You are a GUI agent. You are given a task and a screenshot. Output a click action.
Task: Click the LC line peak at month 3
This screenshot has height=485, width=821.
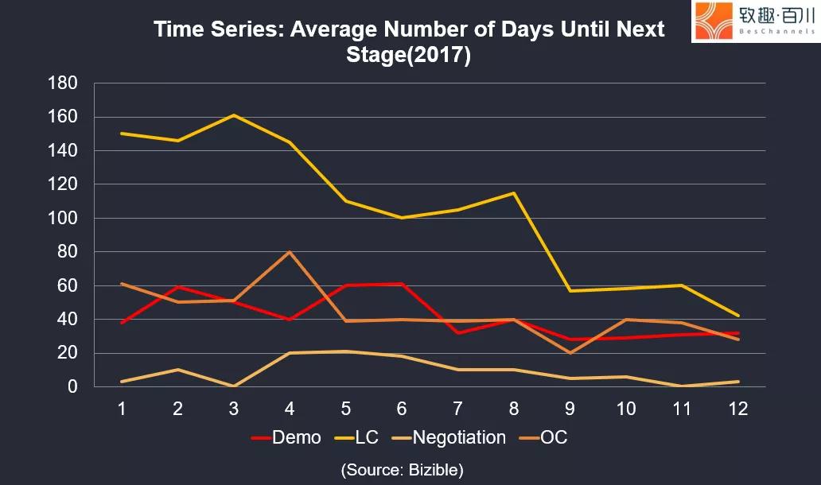(234, 115)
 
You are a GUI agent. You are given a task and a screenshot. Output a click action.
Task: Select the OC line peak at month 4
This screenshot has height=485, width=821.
(290, 252)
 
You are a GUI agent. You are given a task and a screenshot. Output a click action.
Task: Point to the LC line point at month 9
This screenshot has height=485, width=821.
(570, 291)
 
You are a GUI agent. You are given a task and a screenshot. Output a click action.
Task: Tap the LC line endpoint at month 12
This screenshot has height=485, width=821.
(739, 316)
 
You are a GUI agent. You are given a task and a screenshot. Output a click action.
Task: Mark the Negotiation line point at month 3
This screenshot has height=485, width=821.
(234, 386)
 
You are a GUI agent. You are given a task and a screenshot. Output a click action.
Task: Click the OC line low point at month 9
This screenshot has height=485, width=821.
(570, 353)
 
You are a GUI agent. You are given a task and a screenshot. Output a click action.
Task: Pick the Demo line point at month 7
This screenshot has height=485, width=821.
(458, 332)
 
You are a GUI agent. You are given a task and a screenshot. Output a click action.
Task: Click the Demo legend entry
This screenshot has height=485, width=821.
(286, 437)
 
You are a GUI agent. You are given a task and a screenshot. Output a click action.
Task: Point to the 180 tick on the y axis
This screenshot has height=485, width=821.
(63, 83)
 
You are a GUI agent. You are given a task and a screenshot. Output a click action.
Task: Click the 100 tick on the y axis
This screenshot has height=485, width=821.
(63, 218)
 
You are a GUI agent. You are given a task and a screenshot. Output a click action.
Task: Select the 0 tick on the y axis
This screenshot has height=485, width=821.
(72, 387)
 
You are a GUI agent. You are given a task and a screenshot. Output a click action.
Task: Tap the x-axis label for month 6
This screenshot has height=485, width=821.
(402, 408)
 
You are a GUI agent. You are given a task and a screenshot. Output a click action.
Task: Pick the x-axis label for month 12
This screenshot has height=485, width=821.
(739, 408)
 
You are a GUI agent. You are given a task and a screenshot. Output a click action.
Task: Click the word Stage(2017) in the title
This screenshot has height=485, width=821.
(409, 56)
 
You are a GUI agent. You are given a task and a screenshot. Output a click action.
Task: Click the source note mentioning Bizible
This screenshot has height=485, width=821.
(403, 470)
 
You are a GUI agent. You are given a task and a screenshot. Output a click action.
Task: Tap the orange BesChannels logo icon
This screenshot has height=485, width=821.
(714, 21)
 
